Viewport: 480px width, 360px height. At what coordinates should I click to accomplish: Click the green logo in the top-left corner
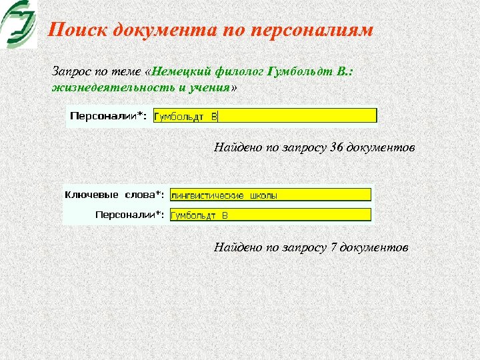[19, 24]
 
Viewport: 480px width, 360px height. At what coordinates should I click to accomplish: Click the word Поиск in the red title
[79, 30]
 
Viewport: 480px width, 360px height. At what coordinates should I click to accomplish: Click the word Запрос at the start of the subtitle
[69, 71]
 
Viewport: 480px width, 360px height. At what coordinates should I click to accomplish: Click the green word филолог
[240, 71]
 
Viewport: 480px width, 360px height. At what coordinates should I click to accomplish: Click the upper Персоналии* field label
[109, 116]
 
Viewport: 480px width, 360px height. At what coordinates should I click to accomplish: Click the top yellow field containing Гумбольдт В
[265, 116]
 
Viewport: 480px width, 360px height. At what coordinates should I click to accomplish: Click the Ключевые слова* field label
[114, 195]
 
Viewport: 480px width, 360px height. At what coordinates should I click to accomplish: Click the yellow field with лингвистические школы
[270, 195]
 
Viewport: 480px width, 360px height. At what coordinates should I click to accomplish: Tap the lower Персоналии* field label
[130, 215]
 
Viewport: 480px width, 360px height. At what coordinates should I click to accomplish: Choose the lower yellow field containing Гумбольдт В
[270, 215]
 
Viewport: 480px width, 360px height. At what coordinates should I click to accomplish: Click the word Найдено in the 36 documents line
[239, 147]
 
